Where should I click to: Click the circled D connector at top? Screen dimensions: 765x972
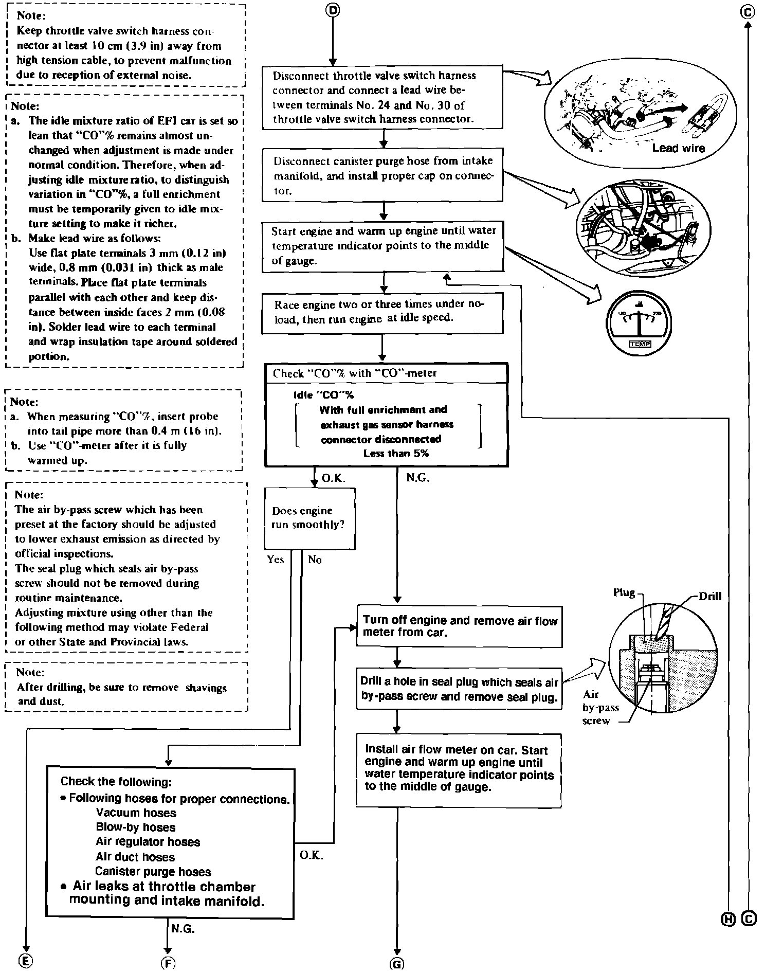coord(333,10)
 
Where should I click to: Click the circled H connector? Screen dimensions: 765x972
coord(728,919)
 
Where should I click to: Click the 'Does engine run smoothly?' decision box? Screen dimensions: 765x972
coord(309,518)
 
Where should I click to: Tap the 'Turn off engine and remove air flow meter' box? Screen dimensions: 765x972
coord(460,626)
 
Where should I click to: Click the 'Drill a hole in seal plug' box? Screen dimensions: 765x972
coord(459,689)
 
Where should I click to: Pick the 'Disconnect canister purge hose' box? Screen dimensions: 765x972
coord(382,175)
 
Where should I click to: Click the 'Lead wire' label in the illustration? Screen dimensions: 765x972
coord(679,148)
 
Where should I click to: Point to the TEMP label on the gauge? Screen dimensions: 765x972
coord(640,344)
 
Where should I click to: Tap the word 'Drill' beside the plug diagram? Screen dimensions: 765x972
coord(710,597)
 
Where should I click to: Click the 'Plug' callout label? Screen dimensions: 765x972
coord(624,593)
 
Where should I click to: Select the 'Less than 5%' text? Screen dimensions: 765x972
coord(396,454)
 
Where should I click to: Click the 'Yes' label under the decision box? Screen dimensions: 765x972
coord(276,560)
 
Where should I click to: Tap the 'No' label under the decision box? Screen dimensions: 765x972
coord(315,560)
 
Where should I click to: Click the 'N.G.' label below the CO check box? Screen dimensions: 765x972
coord(417,478)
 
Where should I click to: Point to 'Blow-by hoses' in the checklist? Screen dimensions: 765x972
coord(136,827)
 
